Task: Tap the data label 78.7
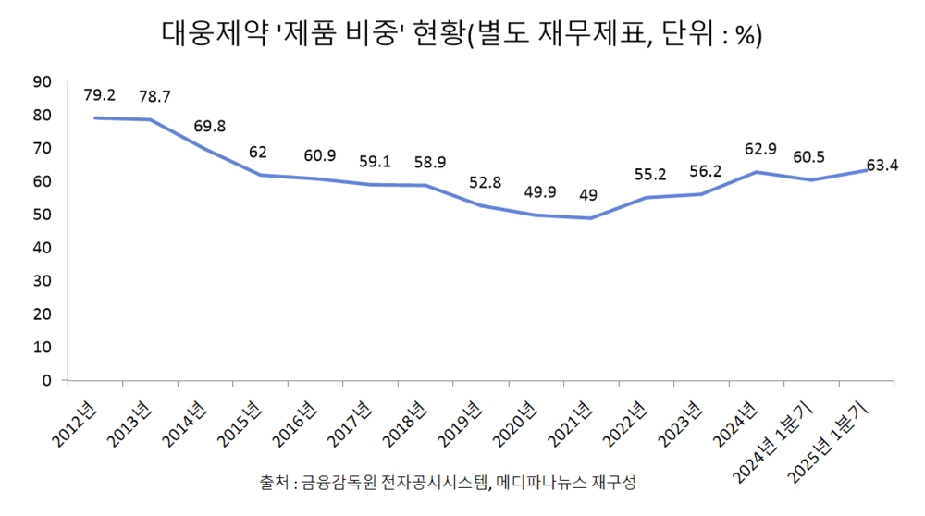(154, 96)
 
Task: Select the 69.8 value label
(209, 126)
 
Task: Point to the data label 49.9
(539, 192)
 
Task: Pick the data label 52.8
(485, 182)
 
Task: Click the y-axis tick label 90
(41, 82)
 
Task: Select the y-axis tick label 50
(41, 215)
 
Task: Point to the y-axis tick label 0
(44, 380)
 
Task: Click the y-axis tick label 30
(41, 281)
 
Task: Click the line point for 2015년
(260, 175)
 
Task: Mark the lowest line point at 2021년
(590, 218)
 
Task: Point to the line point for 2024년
(756, 172)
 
